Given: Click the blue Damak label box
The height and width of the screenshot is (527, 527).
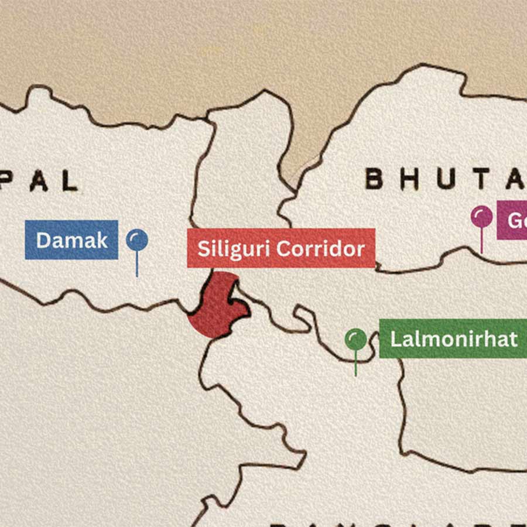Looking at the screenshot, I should tap(71, 239).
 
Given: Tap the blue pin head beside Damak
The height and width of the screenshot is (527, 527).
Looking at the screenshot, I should tap(137, 239).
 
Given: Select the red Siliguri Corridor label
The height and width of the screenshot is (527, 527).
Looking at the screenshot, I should tap(281, 248).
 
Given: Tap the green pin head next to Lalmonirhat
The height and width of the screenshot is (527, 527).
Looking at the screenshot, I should tap(355, 338).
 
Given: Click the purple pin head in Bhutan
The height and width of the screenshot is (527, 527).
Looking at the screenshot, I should tap(481, 217).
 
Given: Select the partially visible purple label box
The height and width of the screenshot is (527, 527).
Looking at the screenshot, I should tap(512, 220).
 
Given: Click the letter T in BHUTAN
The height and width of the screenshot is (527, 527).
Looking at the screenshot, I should tap(481, 179).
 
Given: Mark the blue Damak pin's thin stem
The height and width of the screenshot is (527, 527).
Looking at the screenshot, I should tap(137, 264).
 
